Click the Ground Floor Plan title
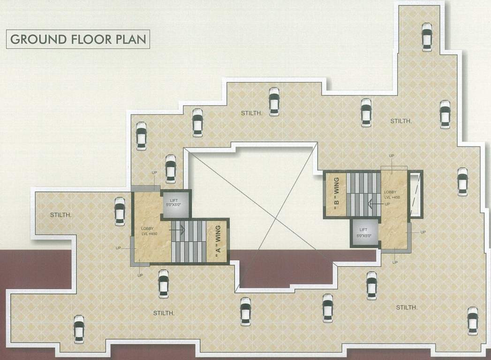click(x=77, y=39)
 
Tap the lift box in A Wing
click(x=177, y=204)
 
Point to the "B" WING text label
click(x=336, y=194)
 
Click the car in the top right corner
click(x=427, y=37)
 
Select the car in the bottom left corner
click(x=79, y=329)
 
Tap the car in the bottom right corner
click(x=472, y=321)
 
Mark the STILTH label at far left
click(x=61, y=215)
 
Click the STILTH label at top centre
click(x=251, y=113)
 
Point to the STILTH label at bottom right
click(x=407, y=307)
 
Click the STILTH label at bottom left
click(x=164, y=313)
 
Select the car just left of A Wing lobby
click(x=120, y=211)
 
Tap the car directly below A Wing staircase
click(x=163, y=284)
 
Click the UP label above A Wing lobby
click(x=154, y=173)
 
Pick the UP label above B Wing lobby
click(x=391, y=155)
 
